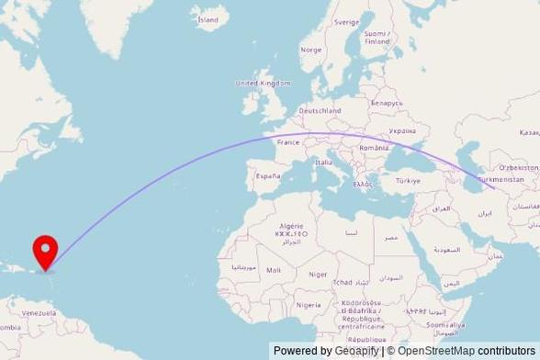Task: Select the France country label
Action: (288, 142)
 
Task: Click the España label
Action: (267, 175)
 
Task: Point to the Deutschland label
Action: (320, 111)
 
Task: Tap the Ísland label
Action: (208, 18)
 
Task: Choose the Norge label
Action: (311, 50)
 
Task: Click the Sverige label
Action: (346, 21)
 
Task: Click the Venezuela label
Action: (39, 312)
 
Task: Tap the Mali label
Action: (274, 270)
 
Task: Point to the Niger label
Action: (318, 274)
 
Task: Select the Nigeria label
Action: (309, 305)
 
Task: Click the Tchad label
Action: (343, 282)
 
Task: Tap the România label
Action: (374, 148)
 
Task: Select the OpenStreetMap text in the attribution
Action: (437, 351)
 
